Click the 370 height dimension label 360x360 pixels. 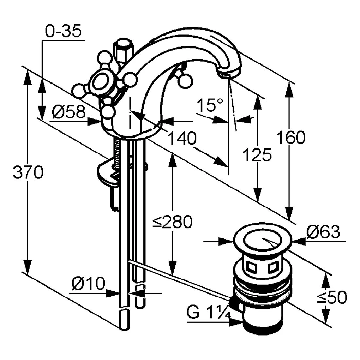coord(28,172)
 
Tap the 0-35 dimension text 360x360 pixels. coord(63,32)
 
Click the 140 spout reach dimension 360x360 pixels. coord(182,138)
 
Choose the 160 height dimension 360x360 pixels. coord(291,137)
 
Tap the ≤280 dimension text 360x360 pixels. coord(172,223)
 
